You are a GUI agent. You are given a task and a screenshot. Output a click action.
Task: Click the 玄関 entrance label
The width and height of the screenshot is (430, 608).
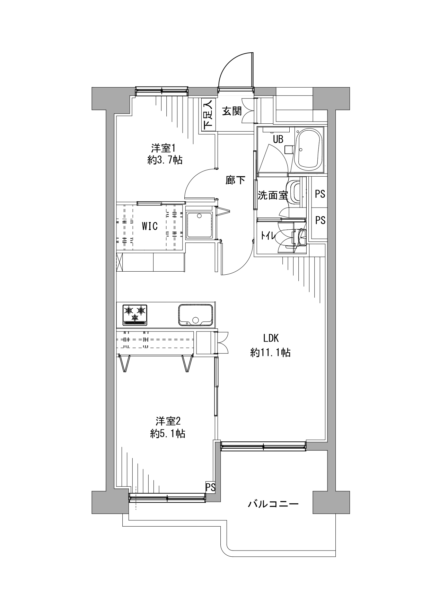[232, 112]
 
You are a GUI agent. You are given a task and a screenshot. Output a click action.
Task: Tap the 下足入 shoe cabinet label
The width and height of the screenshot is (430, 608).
[208, 115]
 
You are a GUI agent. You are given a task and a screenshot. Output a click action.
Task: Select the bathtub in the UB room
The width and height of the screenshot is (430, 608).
[308, 149]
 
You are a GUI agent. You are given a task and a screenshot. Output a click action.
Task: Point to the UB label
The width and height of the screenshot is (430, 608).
[278, 140]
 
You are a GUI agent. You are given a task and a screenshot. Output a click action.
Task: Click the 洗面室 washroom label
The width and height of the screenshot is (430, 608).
[273, 195]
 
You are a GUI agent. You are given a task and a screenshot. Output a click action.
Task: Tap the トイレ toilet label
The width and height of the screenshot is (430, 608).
[268, 236]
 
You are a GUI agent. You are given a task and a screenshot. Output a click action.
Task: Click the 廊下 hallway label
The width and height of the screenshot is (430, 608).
[236, 180]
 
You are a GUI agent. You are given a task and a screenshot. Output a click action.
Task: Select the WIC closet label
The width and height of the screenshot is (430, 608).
[150, 226]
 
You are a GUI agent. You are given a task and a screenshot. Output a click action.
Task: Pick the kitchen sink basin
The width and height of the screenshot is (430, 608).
[195, 315]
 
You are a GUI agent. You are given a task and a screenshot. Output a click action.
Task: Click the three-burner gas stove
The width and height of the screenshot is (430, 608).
[135, 315]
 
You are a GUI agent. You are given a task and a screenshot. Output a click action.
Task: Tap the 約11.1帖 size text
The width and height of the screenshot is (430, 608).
[270, 353]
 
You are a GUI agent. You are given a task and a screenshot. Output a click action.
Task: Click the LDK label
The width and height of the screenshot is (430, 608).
[271, 337]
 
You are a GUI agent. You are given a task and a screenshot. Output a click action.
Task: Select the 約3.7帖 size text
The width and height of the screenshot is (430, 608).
[165, 160]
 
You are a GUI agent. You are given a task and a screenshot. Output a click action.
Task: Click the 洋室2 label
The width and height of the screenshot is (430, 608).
[168, 421]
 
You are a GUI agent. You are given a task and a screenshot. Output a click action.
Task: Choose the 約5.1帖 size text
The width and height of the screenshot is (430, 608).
[168, 433]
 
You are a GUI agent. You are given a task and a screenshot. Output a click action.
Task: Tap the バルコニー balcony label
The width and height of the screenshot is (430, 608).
[273, 504]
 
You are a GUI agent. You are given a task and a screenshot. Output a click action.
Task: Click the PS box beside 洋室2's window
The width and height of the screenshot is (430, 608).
[210, 487]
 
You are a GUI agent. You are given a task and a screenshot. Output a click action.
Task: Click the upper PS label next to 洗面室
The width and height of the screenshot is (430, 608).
[320, 194]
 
